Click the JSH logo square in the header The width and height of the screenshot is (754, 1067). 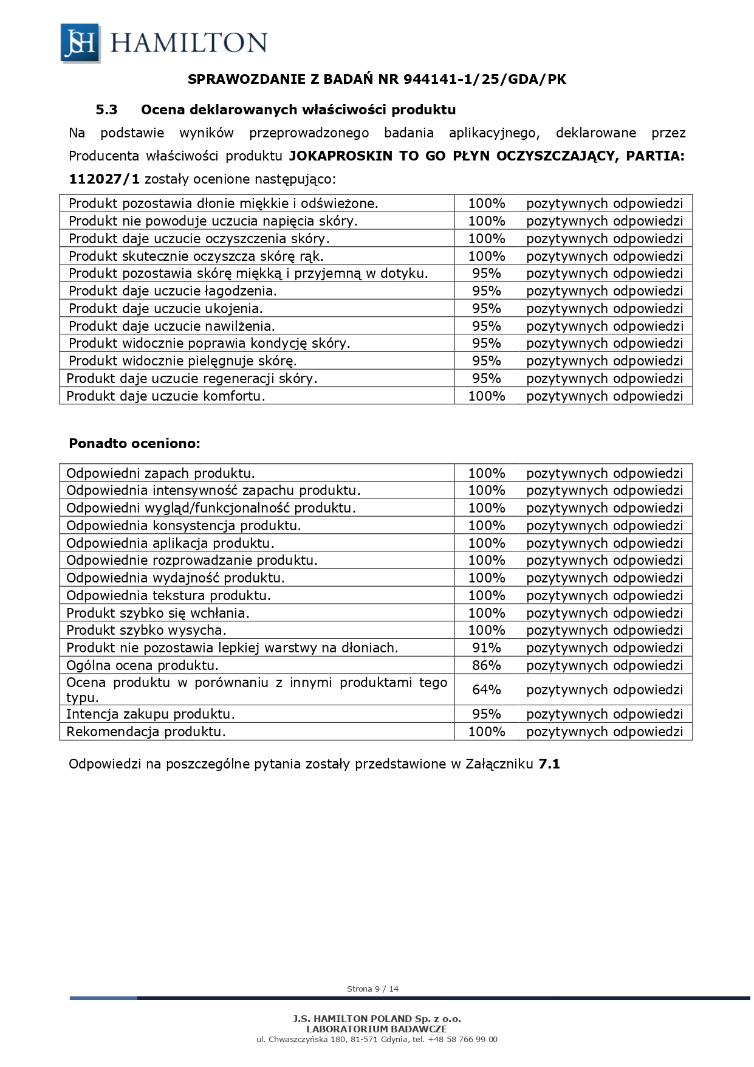(x=80, y=43)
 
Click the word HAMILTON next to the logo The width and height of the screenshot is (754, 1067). (x=189, y=43)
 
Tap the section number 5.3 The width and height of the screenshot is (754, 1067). (x=106, y=110)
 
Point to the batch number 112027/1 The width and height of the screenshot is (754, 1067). (x=104, y=179)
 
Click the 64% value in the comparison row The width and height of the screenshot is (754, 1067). (x=486, y=689)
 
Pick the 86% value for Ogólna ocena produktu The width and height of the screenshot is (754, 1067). (x=486, y=665)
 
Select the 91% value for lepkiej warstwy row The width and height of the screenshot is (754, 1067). (x=486, y=647)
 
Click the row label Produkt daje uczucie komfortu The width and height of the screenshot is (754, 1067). (x=166, y=396)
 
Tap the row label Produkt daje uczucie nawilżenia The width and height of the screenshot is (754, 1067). (x=171, y=326)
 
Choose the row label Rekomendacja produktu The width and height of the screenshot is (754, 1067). (x=146, y=731)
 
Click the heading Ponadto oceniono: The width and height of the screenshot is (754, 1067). (x=134, y=443)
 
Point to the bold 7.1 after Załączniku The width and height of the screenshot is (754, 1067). (x=549, y=764)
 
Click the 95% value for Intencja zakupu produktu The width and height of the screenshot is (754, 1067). (x=486, y=714)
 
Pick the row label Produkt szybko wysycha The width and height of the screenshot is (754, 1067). (x=146, y=630)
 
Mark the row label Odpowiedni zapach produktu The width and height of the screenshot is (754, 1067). (x=160, y=473)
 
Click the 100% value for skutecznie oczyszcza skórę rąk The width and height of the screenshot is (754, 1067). (x=486, y=256)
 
